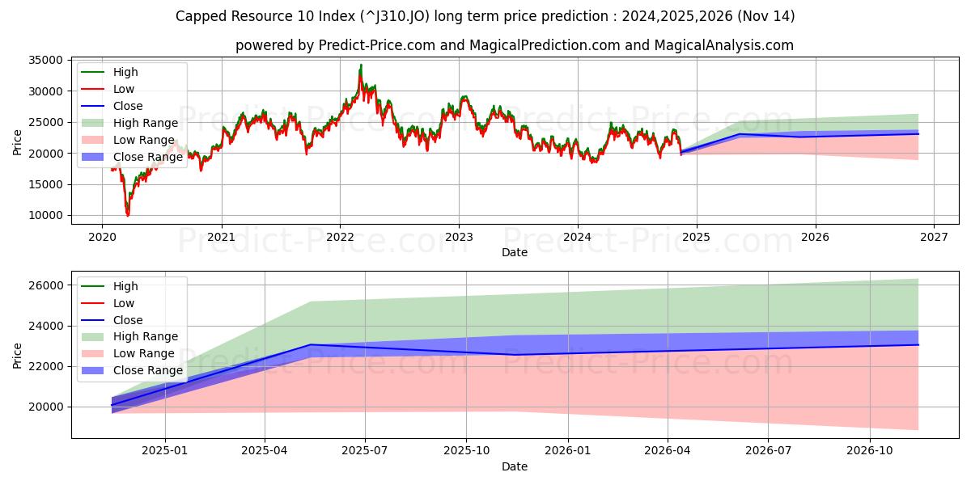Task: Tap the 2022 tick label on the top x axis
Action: (x=340, y=237)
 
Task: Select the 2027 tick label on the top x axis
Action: (x=934, y=237)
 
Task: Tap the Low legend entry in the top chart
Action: (x=124, y=89)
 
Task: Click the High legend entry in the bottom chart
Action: (x=125, y=286)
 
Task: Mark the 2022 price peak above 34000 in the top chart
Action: (x=361, y=65)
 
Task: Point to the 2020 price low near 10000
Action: (x=127, y=214)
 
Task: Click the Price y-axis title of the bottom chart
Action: (x=18, y=355)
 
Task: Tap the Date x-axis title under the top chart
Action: (x=515, y=252)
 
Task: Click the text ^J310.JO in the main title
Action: (x=360, y=16)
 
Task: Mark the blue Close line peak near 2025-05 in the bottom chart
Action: (x=310, y=344)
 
